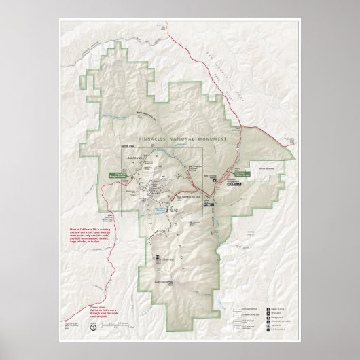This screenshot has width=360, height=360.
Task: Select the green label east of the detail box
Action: (x=248, y=173)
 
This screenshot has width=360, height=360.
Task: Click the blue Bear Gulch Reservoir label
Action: (x=162, y=209)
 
